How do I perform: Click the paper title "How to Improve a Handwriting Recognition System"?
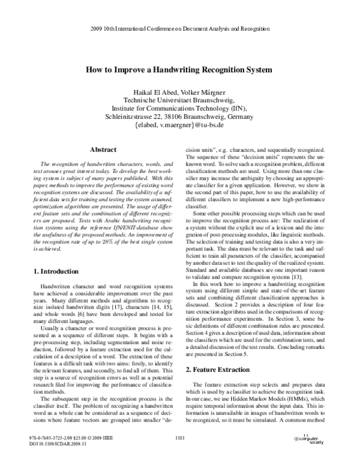pos(179,69)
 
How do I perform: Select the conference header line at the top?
pos(179,29)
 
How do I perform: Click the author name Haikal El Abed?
pos(155,91)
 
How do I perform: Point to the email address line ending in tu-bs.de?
pos(179,126)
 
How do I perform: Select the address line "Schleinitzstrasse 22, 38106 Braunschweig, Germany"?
pos(179,116)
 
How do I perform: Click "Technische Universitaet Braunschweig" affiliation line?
pos(179,100)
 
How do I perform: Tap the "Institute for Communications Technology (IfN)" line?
pos(179,108)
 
